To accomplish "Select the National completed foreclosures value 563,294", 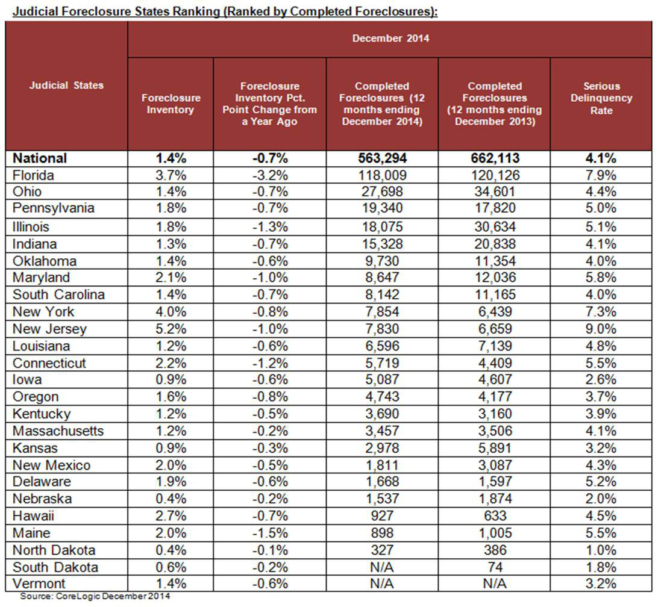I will tap(381, 158).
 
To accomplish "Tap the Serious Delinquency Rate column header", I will tap(601, 98).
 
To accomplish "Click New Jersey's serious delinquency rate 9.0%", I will tap(601, 329).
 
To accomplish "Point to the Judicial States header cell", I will tap(66, 85).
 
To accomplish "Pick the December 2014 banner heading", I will tap(390, 39).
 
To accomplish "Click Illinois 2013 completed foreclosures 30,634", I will tap(493, 226).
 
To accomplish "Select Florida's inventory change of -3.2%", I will tap(269, 175).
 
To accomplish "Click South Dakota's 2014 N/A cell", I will tap(381, 567).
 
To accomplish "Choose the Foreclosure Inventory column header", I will tap(171, 104).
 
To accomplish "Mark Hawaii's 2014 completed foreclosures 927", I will tap(381, 516).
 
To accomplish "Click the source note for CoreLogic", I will tap(95, 597).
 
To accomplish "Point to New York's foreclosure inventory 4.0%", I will tap(171, 312).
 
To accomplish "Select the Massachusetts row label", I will tap(58, 431).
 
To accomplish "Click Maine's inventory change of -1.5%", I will tap(269, 533).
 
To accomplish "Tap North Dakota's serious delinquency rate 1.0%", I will tap(601, 550).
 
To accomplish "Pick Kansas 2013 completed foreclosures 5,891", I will tap(493, 448).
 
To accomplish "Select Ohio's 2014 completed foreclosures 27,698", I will tap(381, 193).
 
